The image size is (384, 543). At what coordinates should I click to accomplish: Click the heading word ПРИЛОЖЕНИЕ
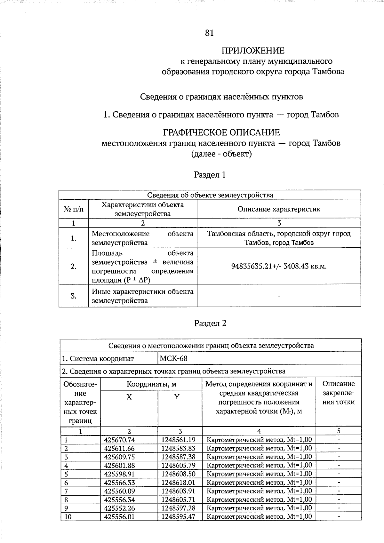[253, 51]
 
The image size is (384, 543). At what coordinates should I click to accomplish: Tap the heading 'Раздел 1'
[210, 175]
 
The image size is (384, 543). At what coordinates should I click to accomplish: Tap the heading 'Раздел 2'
[210, 323]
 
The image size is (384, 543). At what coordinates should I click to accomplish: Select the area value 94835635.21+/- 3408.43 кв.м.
[279, 266]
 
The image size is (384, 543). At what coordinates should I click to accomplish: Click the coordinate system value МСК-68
[173, 359]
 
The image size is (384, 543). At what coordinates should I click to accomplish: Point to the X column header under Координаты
[129, 397]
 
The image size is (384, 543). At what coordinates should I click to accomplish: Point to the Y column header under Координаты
[177, 397]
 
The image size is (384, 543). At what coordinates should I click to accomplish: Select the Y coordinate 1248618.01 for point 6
[178, 483]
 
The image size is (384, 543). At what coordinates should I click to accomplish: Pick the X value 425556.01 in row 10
[119, 516]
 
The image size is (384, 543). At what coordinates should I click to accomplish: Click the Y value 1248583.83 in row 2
[178, 449]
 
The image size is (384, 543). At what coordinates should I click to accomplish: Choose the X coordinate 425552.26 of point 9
[119, 508]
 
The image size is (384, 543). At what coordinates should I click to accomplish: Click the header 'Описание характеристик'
[279, 209]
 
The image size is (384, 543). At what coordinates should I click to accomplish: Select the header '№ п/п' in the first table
[74, 209]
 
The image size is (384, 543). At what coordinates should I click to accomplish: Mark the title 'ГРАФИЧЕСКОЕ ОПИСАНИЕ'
[221, 132]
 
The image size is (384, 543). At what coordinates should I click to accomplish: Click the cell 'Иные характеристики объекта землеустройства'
[142, 296]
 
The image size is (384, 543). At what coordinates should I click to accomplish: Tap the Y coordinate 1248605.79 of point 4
[178, 466]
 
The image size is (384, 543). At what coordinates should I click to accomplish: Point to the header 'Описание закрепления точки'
[339, 393]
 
